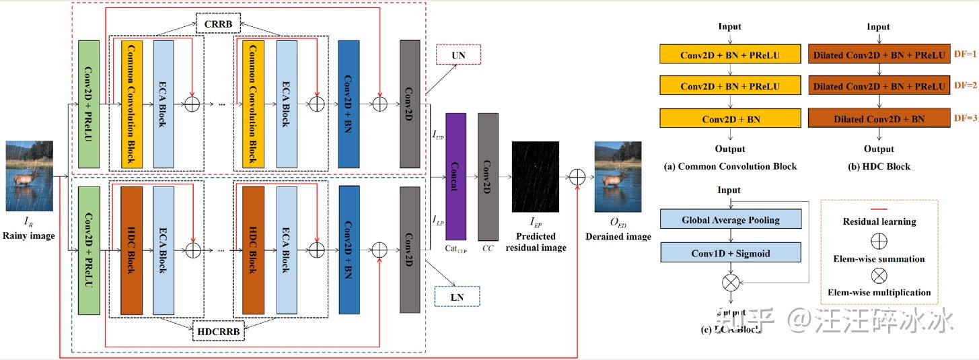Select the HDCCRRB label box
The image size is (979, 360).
tap(218, 331)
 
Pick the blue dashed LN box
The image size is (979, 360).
tap(458, 296)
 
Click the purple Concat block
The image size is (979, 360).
tap(456, 176)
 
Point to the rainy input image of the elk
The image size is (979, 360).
tap(28, 176)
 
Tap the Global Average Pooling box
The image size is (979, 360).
tap(730, 220)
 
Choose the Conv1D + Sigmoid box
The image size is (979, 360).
tap(730, 253)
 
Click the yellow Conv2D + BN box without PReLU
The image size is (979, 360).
tap(730, 118)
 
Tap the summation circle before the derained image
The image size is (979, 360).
tap(577, 177)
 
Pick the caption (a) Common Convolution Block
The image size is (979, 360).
tap(730, 166)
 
